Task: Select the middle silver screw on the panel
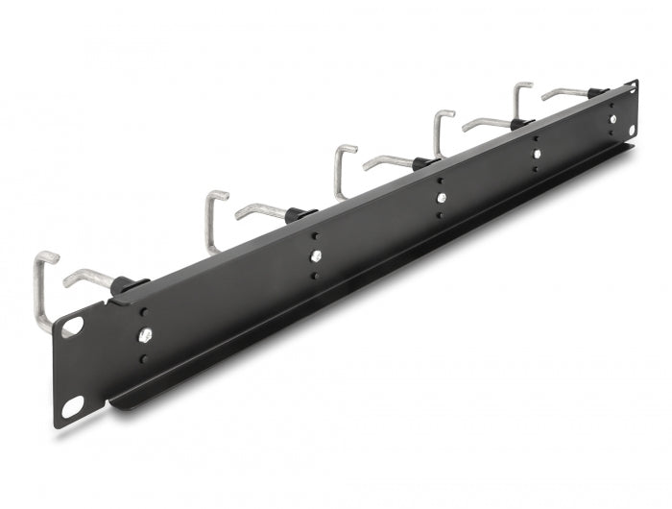tap(441, 198)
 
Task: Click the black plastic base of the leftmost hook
tap(132, 285)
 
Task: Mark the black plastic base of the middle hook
tap(422, 163)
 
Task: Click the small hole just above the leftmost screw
tap(145, 313)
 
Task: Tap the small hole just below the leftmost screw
tap(145, 358)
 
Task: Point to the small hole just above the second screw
tap(315, 236)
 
